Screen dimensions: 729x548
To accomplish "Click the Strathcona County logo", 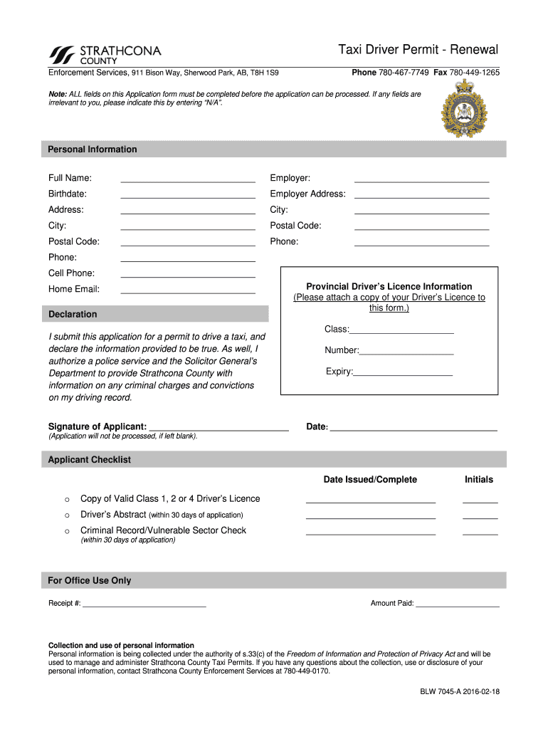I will click(x=105, y=55).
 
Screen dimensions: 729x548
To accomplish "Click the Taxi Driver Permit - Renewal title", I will click(x=418, y=50).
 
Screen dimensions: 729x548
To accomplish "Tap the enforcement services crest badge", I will click(x=463, y=109).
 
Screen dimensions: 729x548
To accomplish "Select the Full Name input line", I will click(x=188, y=179).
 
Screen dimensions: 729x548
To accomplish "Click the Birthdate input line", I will click(x=188, y=195).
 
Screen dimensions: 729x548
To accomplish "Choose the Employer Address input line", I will click(x=421, y=195).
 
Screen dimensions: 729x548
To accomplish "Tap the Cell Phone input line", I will click(x=188, y=274).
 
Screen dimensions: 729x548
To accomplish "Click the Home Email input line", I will click(x=188, y=290).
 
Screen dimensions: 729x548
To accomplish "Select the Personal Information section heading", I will click(x=93, y=150).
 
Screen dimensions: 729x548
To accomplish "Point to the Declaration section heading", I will click(x=73, y=314).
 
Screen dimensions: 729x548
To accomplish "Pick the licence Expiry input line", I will click(x=403, y=373).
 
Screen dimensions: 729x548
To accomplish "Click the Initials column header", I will click(x=478, y=480).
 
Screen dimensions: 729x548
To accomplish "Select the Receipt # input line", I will click(x=144, y=605).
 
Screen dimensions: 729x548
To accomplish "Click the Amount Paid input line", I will click(x=458, y=605).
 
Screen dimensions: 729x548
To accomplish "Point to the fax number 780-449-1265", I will click(x=474, y=73).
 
